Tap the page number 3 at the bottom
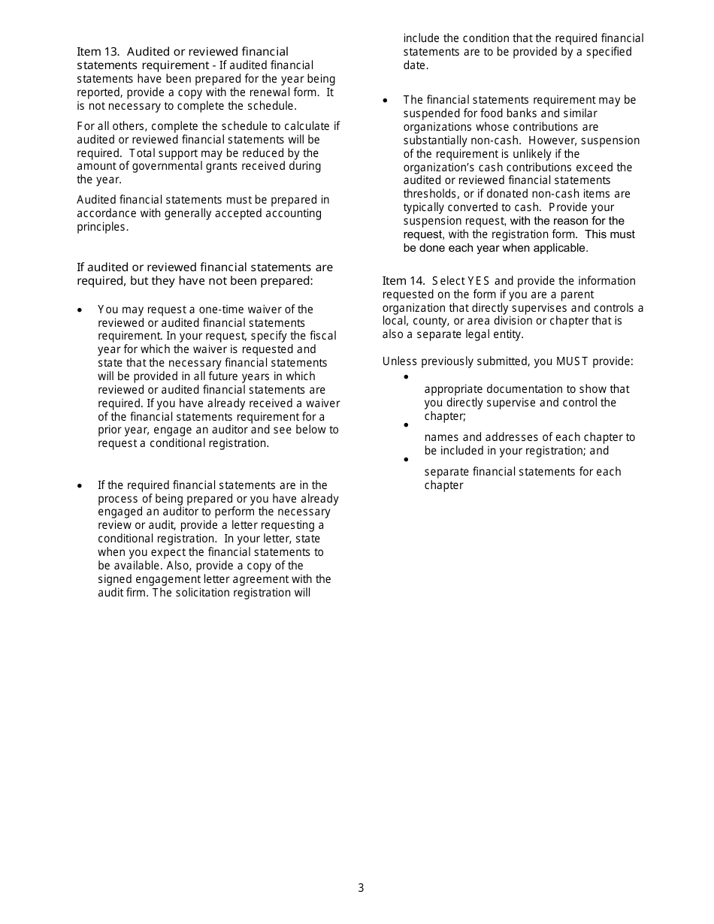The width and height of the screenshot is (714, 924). click(x=361, y=888)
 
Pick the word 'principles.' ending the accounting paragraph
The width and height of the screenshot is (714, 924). click(x=103, y=227)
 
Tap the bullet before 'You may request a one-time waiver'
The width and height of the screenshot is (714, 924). click(x=80, y=310)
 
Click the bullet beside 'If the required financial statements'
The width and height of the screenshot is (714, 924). click(x=80, y=486)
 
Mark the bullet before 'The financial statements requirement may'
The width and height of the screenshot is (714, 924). click(x=386, y=101)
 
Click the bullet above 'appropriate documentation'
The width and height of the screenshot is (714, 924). click(x=407, y=376)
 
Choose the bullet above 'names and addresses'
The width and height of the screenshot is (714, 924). click(x=407, y=424)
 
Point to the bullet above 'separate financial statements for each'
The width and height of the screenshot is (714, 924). click(x=407, y=459)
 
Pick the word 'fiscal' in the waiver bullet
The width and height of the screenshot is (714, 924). click(x=323, y=336)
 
